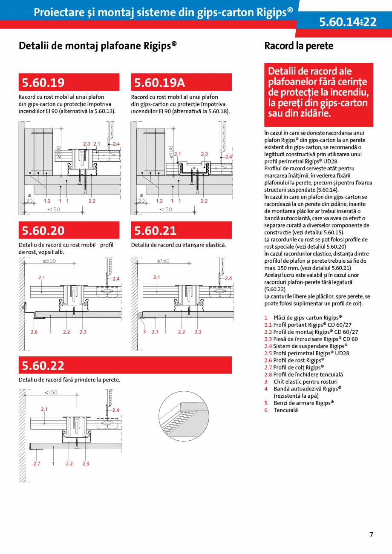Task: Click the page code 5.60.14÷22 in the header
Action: (x=348, y=22)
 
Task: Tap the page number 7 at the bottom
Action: (x=371, y=534)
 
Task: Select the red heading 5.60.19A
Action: (x=159, y=82)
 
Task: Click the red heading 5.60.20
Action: (x=43, y=230)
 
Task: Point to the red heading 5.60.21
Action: (x=155, y=230)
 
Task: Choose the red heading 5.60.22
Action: (x=43, y=365)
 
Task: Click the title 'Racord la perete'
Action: (x=299, y=46)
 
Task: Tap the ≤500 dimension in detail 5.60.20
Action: (x=49, y=261)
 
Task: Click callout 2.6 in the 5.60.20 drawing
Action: (x=34, y=332)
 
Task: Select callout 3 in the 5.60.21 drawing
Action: (x=144, y=332)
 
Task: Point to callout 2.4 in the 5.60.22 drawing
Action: (x=115, y=410)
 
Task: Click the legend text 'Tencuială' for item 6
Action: (x=285, y=410)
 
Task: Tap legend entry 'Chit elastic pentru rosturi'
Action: (x=305, y=382)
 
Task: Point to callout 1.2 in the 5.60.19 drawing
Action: (x=47, y=201)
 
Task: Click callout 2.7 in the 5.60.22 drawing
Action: (x=37, y=463)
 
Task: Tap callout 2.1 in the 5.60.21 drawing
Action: (x=156, y=277)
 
